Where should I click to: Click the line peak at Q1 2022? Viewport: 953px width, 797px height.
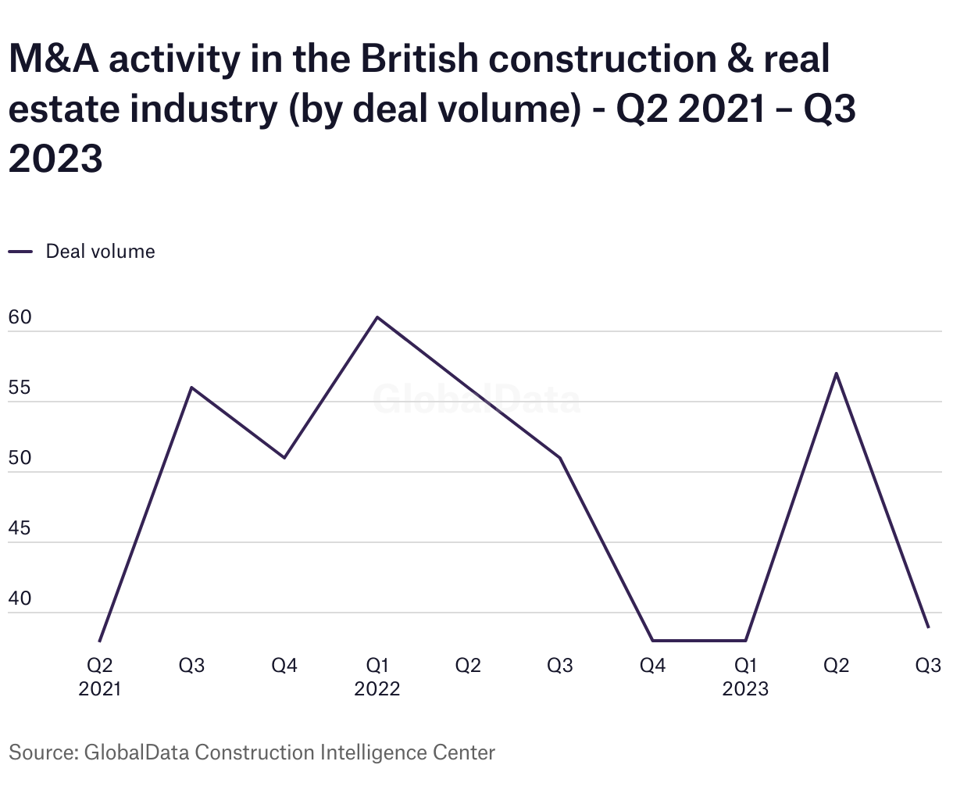coord(377,317)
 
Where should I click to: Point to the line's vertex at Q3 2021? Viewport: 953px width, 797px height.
coord(192,388)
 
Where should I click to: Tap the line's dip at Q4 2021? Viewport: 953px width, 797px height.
coord(284,458)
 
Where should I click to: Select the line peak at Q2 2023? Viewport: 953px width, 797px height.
coord(837,373)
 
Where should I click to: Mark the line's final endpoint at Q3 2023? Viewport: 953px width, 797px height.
coord(928,627)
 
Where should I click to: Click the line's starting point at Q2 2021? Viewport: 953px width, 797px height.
coord(100,641)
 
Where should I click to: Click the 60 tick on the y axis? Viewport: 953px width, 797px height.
coord(20,317)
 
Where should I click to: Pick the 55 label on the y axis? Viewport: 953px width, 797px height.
coord(20,388)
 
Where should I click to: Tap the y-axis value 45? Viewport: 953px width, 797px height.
coord(20,528)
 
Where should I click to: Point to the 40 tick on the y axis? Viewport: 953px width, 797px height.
coord(20,599)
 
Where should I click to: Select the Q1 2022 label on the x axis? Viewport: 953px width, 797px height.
coord(377,677)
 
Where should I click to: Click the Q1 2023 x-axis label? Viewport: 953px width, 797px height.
coord(745,677)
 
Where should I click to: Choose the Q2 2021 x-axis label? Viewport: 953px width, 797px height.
coord(100,677)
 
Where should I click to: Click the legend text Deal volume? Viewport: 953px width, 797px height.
coord(100,252)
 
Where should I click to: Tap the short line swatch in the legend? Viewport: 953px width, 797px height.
coord(20,252)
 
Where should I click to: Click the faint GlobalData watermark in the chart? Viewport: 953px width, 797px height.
coord(476,399)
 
